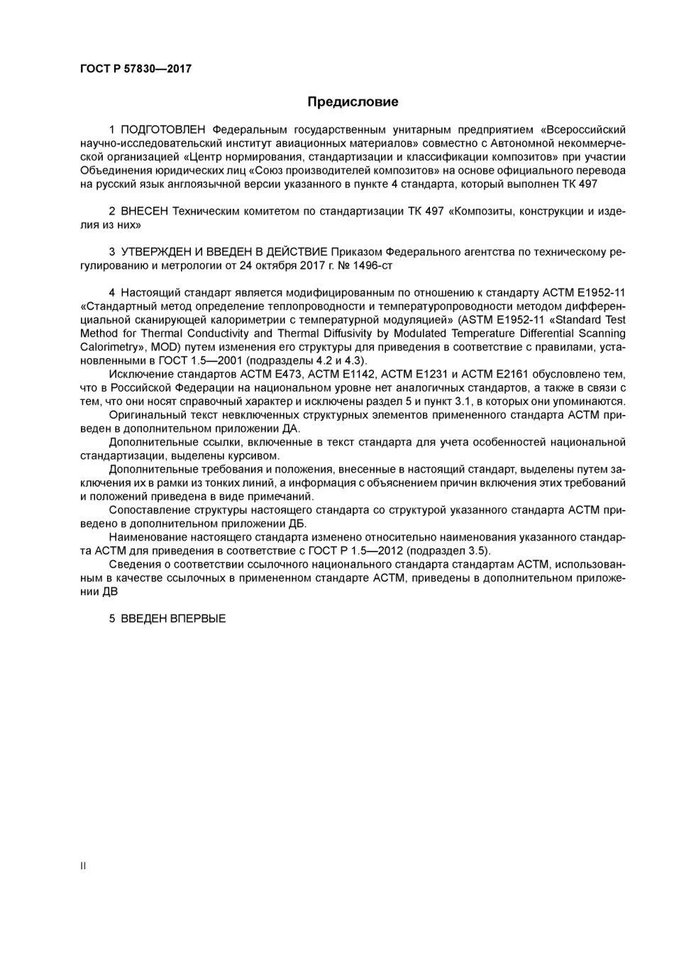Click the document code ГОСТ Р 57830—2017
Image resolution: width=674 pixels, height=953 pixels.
pyautogui.click(x=136, y=69)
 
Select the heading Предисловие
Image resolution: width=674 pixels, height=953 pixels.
pyautogui.click(x=353, y=101)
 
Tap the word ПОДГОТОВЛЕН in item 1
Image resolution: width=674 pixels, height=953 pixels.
pyautogui.click(x=163, y=130)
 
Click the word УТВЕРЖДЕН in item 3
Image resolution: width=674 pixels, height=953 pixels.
pyautogui.click(x=154, y=252)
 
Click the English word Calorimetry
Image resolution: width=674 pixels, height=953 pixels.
pyautogui.click(x=109, y=347)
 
